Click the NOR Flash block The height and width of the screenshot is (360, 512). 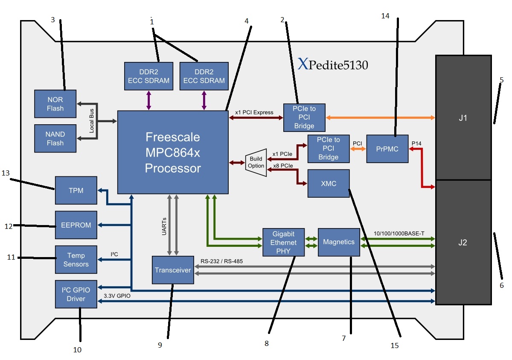pos(55,104)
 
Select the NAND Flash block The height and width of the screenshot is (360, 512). pos(55,139)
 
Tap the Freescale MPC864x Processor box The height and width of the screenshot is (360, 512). pos(173,152)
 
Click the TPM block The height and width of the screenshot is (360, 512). pos(76,190)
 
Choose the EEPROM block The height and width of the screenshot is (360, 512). pos(76,225)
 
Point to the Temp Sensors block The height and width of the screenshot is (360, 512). pos(76,260)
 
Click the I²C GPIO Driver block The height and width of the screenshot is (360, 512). pos(76,294)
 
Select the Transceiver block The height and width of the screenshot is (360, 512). pos(173,270)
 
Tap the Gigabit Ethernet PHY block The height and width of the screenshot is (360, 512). pos(283,242)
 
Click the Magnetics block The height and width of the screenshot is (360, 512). pos(339,242)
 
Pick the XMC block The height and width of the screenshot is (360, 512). pos(329,184)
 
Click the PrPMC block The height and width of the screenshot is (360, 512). pos(387,149)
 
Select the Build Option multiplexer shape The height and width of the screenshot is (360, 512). pos(256,163)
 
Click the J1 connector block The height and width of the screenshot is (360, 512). pos(463,117)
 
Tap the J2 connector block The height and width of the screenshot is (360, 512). pos(463,242)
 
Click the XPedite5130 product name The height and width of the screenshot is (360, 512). pos(333,65)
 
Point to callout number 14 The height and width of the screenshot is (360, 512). pos(385,15)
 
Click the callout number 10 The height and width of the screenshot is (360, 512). pos(77,349)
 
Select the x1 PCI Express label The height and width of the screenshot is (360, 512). pos(254,112)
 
